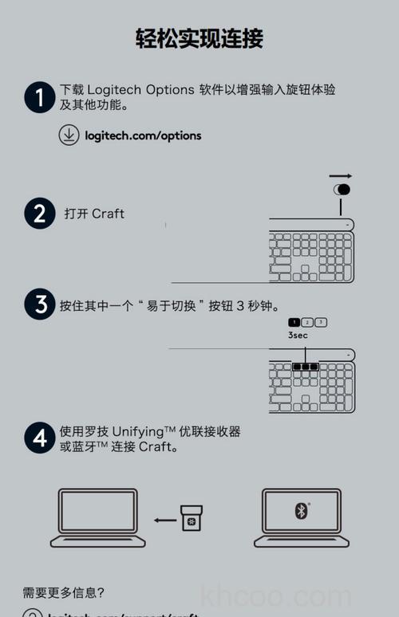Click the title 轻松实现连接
pos(199,38)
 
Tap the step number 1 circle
pos(39,97)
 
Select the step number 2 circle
pos(39,214)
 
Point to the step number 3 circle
pos(39,305)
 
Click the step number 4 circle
pos(39,438)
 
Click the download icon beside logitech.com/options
pos(69,136)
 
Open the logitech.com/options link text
pos(143,136)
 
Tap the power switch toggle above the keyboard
pos(342,190)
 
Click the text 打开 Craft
pos(94,214)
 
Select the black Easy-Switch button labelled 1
pos(294,322)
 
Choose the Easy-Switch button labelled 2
pos(307,322)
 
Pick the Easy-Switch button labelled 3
pos(321,322)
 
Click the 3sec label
pos(298,336)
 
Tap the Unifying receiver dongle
pos(191,517)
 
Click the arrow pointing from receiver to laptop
pos(165,521)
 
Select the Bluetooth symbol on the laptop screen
pos(301,511)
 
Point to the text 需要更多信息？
pos(64,592)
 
